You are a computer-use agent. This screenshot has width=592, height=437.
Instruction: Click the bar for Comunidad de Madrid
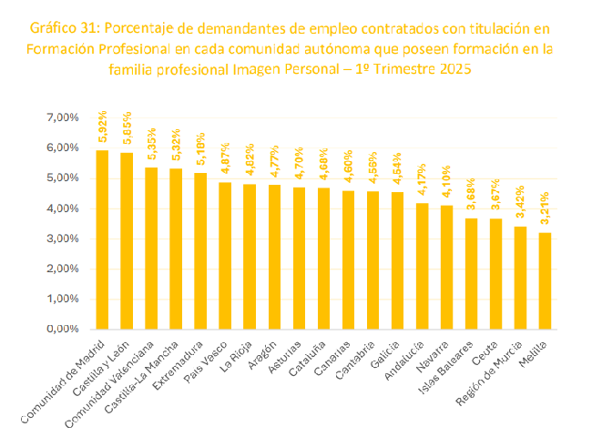[102, 239]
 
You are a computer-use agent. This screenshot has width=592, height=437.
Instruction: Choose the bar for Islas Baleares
[471, 273]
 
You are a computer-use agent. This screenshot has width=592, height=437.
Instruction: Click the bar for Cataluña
[323, 258]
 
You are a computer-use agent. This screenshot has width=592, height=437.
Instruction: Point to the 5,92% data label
[102, 133]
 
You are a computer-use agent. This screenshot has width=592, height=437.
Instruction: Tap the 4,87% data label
[225, 165]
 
